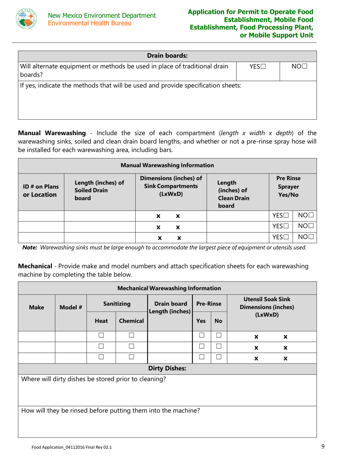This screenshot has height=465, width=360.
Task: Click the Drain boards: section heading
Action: pyautogui.click(x=167, y=56)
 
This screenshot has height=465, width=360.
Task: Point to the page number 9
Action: pyautogui.click(x=323, y=447)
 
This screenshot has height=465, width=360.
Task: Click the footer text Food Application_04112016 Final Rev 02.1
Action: pyautogui.click(x=72, y=447)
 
